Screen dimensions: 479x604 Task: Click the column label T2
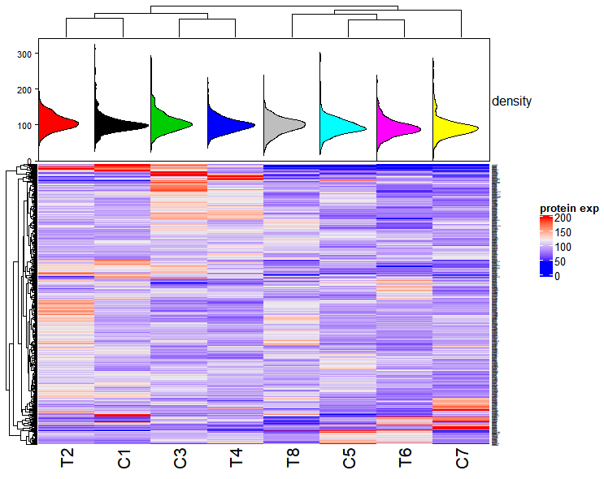[67, 459]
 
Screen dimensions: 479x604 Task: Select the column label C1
[124, 459]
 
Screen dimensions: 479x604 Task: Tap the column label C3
[180, 459]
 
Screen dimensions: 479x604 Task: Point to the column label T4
[237, 459]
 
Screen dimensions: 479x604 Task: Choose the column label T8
[293, 459]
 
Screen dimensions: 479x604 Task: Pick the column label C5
[350, 459]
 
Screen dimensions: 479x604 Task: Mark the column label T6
[406, 459]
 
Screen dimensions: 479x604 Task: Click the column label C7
[462, 459]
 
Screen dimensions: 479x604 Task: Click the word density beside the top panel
[512, 101]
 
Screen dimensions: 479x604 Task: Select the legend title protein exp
[569, 209]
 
